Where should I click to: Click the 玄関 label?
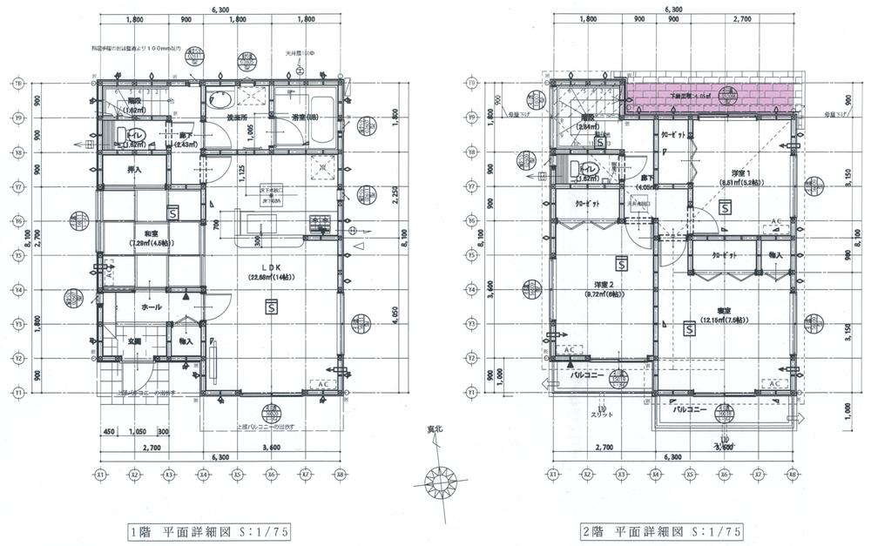pyautogui.click(x=135, y=341)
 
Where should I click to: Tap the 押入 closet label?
pyautogui.click(x=134, y=170)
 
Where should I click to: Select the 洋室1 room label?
pyautogui.click(x=740, y=172)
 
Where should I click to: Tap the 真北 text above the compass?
pyautogui.click(x=433, y=429)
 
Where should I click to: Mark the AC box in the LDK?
pyautogui.click(x=321, y=384)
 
